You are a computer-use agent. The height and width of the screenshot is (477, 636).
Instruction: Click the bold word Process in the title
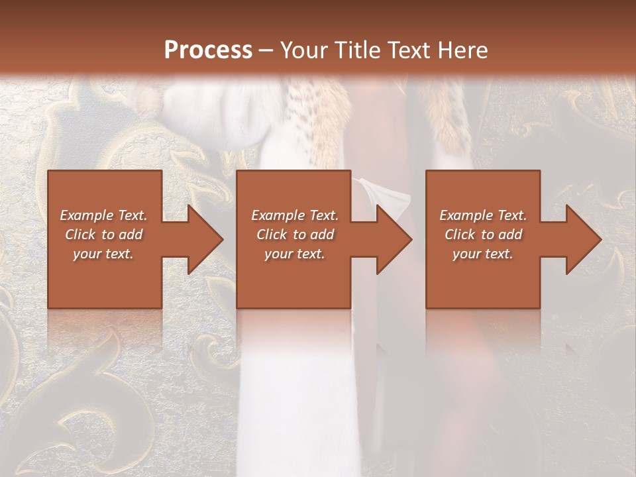pyautogui.click(x=208, y=50)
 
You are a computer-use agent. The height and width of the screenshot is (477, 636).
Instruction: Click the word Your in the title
pyautogui.click(x=301, y=50)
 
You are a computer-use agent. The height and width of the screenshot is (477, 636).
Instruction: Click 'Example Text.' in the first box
pyautogui.click(x=103, y=215)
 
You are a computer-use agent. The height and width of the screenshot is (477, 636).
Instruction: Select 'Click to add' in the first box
pyautogui.click(x=103, y=235)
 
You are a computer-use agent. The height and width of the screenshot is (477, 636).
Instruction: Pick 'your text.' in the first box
pyautogui.click(x=103, y=254)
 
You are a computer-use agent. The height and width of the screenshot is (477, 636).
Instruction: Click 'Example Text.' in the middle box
pyautogui.click(x=294, y=215)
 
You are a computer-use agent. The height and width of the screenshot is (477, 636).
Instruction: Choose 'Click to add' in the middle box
pyautogui.click(x=294, y=235)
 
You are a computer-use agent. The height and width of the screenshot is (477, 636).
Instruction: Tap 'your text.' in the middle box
pyautogui.click(x=294, y=254)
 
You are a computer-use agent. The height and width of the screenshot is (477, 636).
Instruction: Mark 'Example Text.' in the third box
pyautogui.click(x=483, y=215)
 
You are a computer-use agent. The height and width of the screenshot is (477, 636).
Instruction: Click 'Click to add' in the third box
pyautogui.click(x=483, y=235)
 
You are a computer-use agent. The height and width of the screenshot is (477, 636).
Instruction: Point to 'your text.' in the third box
pyautogui.click(x=483, y=254)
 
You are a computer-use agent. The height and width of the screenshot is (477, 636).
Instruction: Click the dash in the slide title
pyautogui.click(x=266, y=50)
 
